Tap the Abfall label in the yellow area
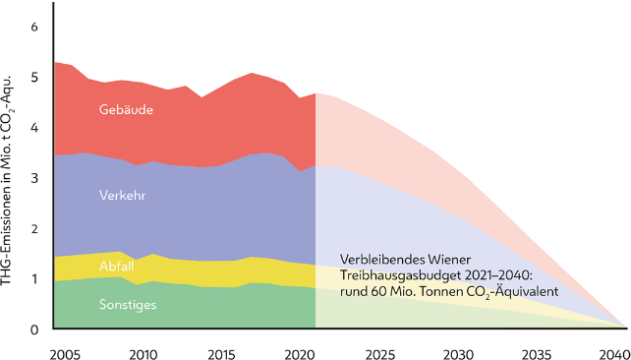pyautogui.click(x=117, y=267)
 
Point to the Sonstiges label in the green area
pyautogui.click(x=127, y=305)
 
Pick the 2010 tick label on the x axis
pyautogui.click(x=143, y=352)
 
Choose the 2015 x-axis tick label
pyautogui.click(x=221, y=352)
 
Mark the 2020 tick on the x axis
pyautogui.click(x=300, y=352)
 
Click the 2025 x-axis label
pyautogui.click(x=378, y=352)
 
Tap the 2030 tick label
pyautogui.click(x=457, y=352)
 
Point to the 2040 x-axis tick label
pyautogui.click(x=612, y=352)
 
